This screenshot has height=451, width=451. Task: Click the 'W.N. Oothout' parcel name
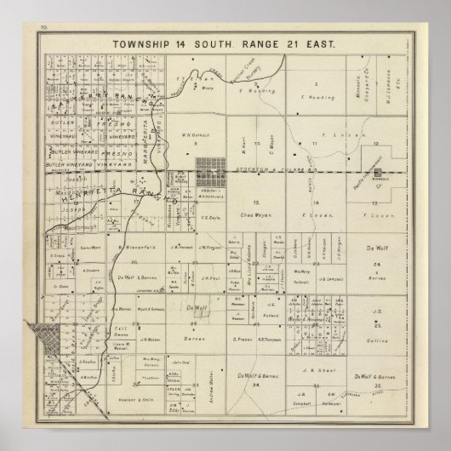point(197,142)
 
